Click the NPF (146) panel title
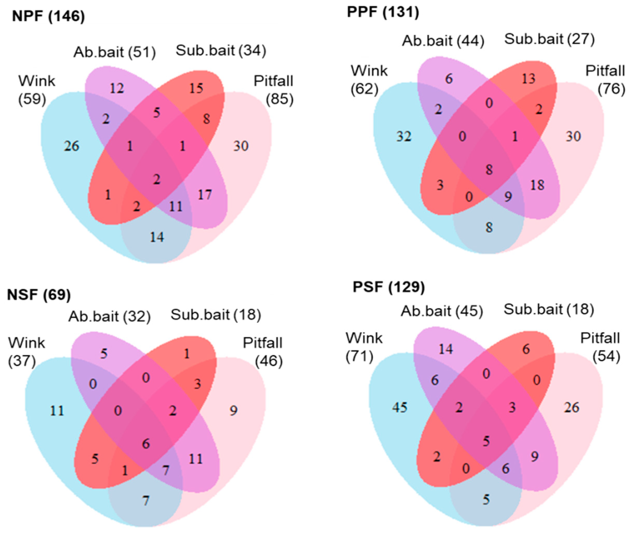(x=49, y=16)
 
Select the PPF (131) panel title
(x=383, y=12)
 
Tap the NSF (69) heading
(x=39, y=295)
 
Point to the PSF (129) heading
(x=389, y=287)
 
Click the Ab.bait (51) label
(x=115, y=52)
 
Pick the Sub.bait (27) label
(x=549, y=39)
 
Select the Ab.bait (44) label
(x=443, y=41)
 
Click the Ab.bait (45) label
(x=442, y=311)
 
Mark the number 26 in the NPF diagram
(x=72, y=146)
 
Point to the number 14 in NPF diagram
(x=157, y=237)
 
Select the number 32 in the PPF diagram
(x=404, y=137)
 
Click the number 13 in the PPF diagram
(x=529, y=79)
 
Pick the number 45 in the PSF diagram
(x=400, y=408)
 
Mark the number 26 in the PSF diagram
(x=572, y=408)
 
